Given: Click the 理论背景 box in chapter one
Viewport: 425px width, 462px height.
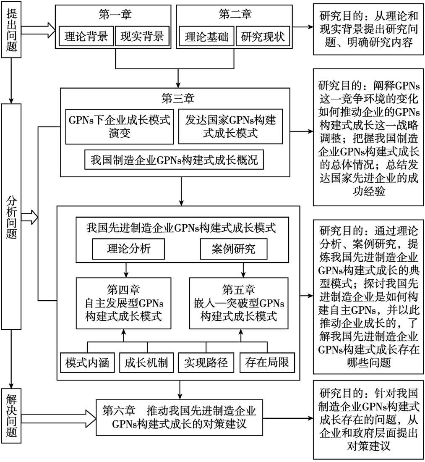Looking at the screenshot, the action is [x=86, y=37].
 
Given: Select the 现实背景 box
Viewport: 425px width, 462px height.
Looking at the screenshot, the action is [x=142, y=37].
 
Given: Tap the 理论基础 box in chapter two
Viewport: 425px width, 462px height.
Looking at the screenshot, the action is [x=206, y=37].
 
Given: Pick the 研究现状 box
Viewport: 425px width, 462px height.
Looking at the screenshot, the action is [x=263, y=37].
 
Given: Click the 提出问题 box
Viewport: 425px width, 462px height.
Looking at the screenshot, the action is [x=11, y=30].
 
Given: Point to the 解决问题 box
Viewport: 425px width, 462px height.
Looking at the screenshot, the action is [x=11, y=416].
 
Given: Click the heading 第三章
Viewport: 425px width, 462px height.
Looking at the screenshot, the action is [x=178, y=98].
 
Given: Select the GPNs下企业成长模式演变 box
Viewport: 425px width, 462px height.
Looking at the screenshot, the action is [x=120, y=127].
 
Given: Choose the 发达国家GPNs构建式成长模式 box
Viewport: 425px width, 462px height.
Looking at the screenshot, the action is [x=230, y=127].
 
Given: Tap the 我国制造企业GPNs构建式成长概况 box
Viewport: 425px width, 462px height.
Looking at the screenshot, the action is [x=174, y=160].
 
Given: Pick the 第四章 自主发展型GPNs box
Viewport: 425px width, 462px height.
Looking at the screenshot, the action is [x=124, y=303].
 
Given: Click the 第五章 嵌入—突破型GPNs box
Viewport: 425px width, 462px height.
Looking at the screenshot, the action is [x=239, y=303].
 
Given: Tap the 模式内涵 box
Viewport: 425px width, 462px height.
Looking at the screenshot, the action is [x=87, y=362].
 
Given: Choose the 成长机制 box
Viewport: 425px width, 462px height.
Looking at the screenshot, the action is [x=146, y=362].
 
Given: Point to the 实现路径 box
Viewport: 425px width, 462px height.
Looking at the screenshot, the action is [x=206, y=362].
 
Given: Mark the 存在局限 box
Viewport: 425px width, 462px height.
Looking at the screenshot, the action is [x=267, y=362].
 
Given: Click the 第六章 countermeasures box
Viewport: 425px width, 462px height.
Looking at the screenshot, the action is [x=179, y=417].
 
